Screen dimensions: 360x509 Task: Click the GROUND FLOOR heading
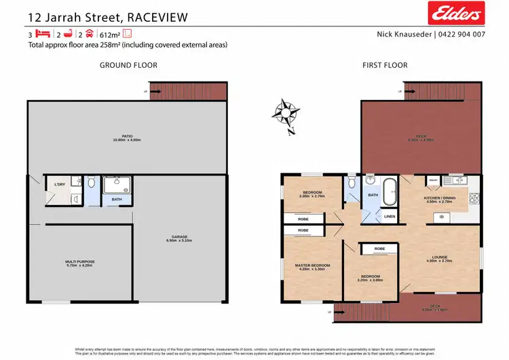128,65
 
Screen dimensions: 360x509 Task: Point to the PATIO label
127,137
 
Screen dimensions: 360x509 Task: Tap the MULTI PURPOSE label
80,262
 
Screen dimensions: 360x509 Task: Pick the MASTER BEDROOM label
312,265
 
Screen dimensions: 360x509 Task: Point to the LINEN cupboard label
389,217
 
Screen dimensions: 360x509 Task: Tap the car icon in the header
88,33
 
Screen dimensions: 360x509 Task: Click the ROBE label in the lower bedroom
379,249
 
